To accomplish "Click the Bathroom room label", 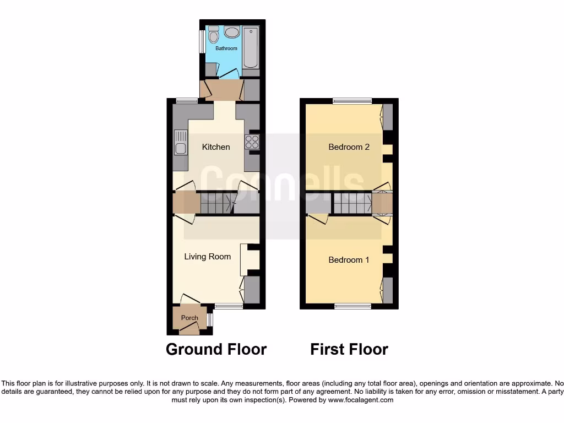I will [x=226, y=48].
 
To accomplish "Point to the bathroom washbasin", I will [x=232, y=32].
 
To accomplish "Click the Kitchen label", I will [x=216, y=147].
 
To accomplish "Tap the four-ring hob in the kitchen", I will [x=252, y=142].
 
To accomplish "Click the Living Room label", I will [x=207, y=256].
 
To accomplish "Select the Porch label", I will [x=189, y=318].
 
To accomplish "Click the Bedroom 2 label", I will [x=349, y=147].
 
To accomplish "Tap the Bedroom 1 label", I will [x=349, y=259].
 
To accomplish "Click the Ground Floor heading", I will [x=216, y=349].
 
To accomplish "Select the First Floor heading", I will [x=349, y=349].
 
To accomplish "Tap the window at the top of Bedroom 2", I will [x=352, y=101].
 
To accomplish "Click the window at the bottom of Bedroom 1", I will [x=352, y=306].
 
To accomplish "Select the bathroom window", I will [x=202, y=41].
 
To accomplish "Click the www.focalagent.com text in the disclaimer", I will [x=361, y=400].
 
